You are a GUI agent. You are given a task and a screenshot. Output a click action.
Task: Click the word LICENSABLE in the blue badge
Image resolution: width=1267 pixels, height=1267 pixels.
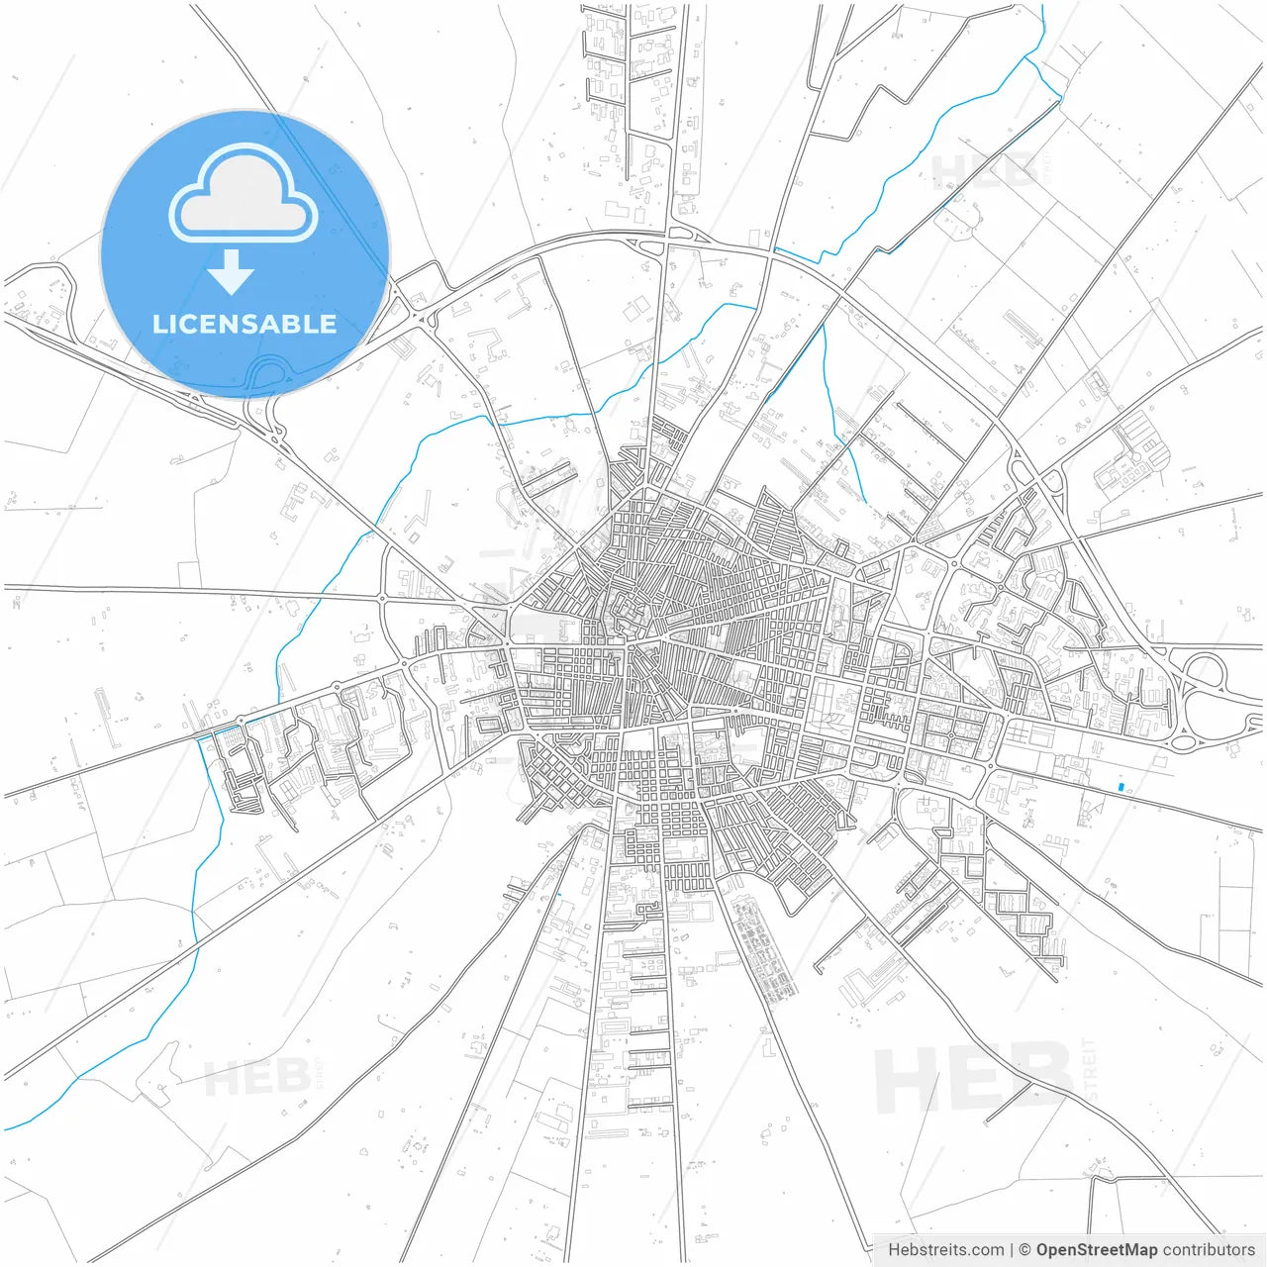tap(244, 324)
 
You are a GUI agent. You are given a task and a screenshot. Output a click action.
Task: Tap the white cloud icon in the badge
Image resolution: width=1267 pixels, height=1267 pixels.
tap(244, 194)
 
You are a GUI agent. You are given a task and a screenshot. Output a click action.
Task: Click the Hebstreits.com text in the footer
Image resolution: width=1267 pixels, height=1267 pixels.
tap(946, 1249)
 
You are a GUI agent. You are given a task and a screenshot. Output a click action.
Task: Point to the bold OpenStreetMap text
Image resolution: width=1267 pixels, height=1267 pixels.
tap(1096, 1249)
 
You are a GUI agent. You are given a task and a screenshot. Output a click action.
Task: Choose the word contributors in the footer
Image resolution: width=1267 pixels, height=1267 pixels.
tap(1208, 1249)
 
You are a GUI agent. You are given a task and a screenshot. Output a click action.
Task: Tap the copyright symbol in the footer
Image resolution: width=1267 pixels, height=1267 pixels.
tap(1025, 1249)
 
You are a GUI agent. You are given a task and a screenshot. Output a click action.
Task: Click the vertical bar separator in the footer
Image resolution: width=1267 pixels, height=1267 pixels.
tap(1012, 1249)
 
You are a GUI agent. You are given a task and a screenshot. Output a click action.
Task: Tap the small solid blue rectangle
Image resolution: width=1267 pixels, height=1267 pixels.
tap(1121, 787)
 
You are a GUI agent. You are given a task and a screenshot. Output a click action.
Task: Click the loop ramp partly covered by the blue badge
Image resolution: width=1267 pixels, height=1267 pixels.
tap(265, 376)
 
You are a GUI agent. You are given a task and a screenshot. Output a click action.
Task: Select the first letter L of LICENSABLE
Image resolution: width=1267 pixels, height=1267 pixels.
tap(159, 324)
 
